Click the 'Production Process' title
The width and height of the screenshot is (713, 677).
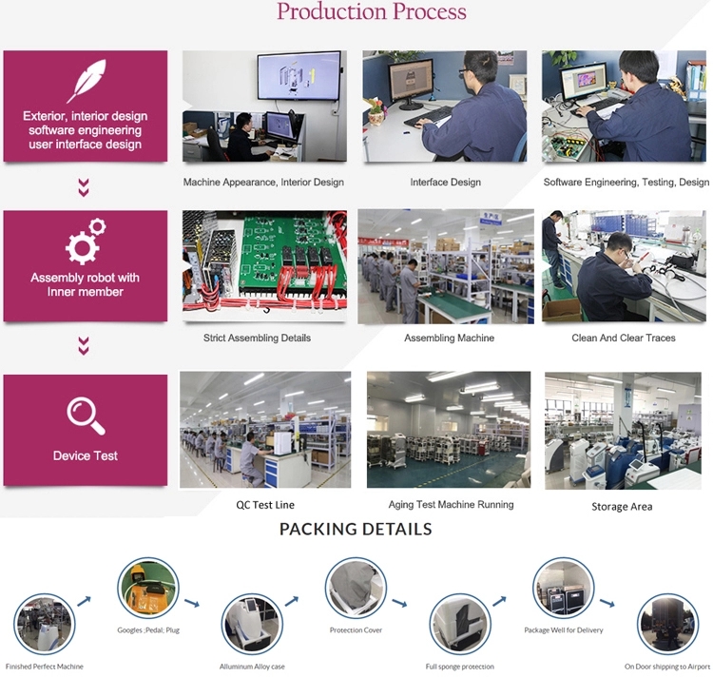click(372, 11)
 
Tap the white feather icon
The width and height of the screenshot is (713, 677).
click(87, 81)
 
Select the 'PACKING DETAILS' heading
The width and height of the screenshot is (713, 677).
click(356, 529)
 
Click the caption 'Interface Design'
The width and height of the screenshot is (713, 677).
click(445, 183)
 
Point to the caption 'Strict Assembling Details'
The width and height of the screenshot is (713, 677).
click(257, 338)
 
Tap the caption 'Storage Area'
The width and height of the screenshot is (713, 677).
click(622, 507)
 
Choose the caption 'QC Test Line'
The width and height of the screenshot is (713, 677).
click(265, 505)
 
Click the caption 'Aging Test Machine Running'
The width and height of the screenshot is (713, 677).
click(451, 504)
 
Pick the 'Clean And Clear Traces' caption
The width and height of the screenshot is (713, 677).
click(624, 338)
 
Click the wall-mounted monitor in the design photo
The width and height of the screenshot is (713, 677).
click(299, 76)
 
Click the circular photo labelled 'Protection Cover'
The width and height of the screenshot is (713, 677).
click(356, 588)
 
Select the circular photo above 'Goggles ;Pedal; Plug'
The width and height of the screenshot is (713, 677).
click(147, 588)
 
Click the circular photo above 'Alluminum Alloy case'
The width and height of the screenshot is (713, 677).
click(252, 624)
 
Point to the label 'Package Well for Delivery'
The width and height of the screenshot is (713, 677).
click(564, 630)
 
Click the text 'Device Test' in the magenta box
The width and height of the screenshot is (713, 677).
click(85, 455)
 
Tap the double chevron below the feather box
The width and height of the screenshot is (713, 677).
click(84, 187)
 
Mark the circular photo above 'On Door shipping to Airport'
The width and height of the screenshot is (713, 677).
click(667, 624)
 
